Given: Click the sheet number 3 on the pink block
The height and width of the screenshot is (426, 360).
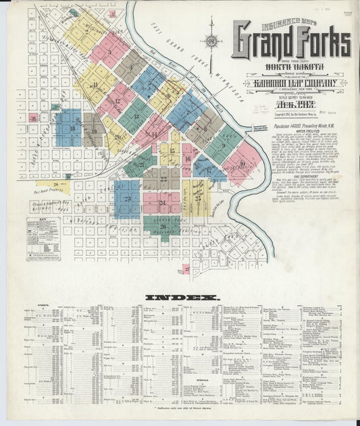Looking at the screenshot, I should coord(109,51).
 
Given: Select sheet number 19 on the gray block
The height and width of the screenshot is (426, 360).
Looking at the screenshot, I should coord(94,130).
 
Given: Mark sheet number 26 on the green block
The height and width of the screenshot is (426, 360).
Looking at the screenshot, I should coord(163,227).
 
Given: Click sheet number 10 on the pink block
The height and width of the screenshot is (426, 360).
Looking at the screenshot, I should coord(242,163).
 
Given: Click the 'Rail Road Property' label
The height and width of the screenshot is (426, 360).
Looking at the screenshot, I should coord(49,191).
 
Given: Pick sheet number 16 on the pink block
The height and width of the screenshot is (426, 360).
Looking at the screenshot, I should coord(187,159).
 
